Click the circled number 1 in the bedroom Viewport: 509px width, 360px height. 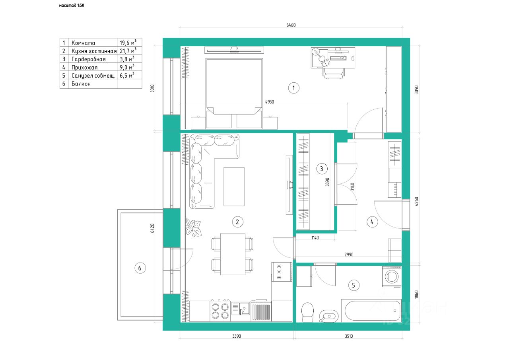click(x=293, y=88)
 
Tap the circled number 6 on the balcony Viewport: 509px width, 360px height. click(x=140, y=268)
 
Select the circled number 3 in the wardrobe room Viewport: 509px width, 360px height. click(x=322, y=169)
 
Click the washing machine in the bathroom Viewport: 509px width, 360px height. click(x=392, y=277)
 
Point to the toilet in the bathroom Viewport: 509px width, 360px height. click(x=307, y=312)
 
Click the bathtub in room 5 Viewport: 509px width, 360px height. click(x=371, y=310)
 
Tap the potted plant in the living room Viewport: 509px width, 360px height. click(x=193, y=228)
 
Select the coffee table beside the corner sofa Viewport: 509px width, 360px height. click(x=234, y=187)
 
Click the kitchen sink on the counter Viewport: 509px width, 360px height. click(x=241, y=308)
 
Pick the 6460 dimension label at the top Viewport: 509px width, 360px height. click(x=291, y=25)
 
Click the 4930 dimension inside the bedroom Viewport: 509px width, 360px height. click(x=270, y=102)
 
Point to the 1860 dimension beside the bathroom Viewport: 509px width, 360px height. click(x=416, y=294)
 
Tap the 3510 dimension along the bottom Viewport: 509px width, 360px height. click(x=349, y=336)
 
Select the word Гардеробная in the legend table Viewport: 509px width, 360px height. click(x=89, y=59)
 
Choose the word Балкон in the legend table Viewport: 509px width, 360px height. click(x=81, y=84)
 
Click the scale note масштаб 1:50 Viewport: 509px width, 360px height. click(x=72, y=5)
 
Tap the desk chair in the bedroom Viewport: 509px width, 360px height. click(x=334, y=73)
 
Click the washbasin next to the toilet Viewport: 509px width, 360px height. click(x=328, y=316)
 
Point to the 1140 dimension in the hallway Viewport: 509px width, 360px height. click(x=315, y=238)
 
